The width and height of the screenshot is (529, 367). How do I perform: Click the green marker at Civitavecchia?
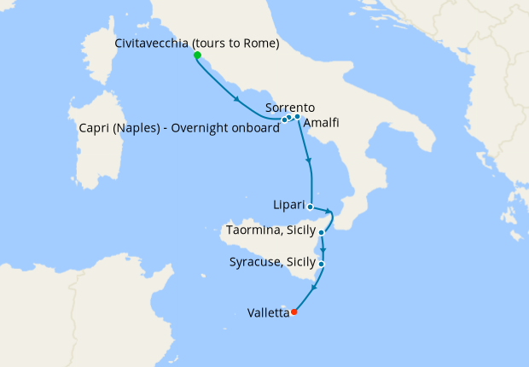[197, 55]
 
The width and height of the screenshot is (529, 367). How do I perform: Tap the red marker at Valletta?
[294, 312]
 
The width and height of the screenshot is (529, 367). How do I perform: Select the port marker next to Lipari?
[310, 207]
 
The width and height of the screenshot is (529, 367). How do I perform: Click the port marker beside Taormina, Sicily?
[322, 232]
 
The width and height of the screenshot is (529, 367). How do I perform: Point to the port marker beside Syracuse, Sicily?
[321, 264]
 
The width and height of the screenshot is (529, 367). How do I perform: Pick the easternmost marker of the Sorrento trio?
[297, 116]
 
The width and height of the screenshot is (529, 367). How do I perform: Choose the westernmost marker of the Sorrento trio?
[284, 119]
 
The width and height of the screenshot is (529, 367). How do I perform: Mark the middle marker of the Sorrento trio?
[290, 117]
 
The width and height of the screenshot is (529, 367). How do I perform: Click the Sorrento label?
[290, 108]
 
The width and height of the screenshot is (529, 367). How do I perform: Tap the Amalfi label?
[321, 123]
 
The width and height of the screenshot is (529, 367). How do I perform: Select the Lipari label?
[286, 207]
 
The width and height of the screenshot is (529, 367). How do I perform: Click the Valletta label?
[267, 313]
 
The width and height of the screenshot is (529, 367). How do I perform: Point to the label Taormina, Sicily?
[269, 230]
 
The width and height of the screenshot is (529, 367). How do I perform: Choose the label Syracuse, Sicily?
[271, 262]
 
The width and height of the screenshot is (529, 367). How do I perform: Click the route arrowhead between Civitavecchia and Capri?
[236, 100]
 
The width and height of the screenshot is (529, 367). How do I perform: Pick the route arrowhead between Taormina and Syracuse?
[323, 252]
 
